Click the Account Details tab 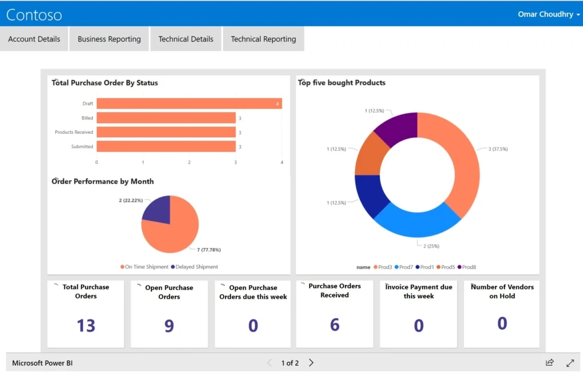[34, 39]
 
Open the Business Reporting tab [109, 39]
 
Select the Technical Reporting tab [263, 39]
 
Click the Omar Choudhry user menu [548, 14]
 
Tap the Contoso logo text [34, 15]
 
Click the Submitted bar [166, 146]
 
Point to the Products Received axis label [74, 132]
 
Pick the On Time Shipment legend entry [145, 267]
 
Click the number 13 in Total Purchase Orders [86, 326]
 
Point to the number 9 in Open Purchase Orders [169, 326]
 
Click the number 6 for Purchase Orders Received [335, 325]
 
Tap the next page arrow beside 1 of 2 [311, 363]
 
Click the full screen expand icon [570, 363]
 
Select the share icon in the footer [549, 363]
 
